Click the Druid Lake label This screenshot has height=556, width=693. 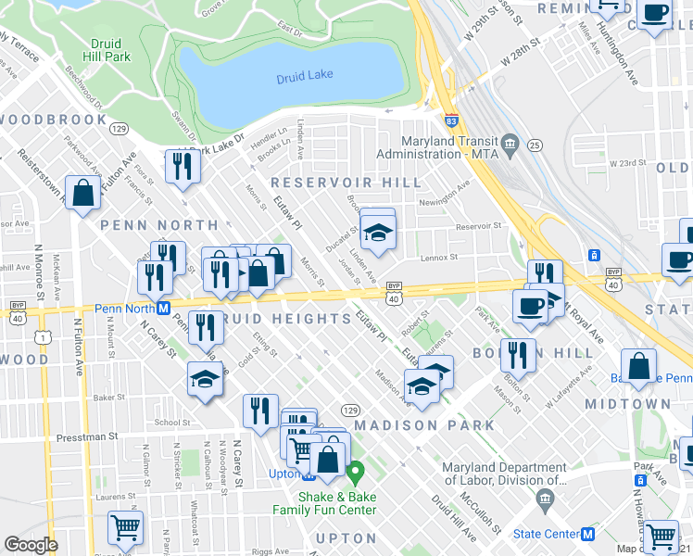pyautogui.click(x=304, y=77)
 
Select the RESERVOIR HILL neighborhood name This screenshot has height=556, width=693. pyautogui.click(x=346, y=183)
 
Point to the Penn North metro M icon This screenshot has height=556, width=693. pyautogui.click(x=162, y=308)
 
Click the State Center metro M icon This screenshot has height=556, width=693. pyautogui.click(x=586, y=534)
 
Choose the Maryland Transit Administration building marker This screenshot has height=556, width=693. pyautogui.click(x=510, y=145)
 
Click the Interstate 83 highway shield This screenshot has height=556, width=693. pyautogui.click(x=449, y=120)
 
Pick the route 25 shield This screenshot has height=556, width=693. pyautogui.click(x=535, y=145)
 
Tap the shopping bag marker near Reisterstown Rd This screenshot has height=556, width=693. pyautogui.click(x=83, y=194)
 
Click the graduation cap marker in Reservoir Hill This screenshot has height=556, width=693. pyautogui.click(x=378, y=233)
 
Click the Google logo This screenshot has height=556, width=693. pyautogui.click(x=31, y=545)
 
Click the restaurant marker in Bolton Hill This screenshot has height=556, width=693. pyautogui.click(x=517, y=353)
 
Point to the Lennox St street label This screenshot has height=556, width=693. pyautogui.click(x=439, y=257)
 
